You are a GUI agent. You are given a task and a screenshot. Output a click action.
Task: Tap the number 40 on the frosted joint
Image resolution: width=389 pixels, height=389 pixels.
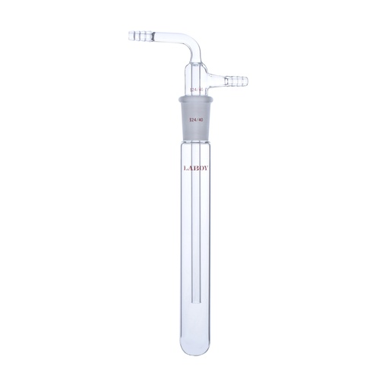[201, 118]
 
